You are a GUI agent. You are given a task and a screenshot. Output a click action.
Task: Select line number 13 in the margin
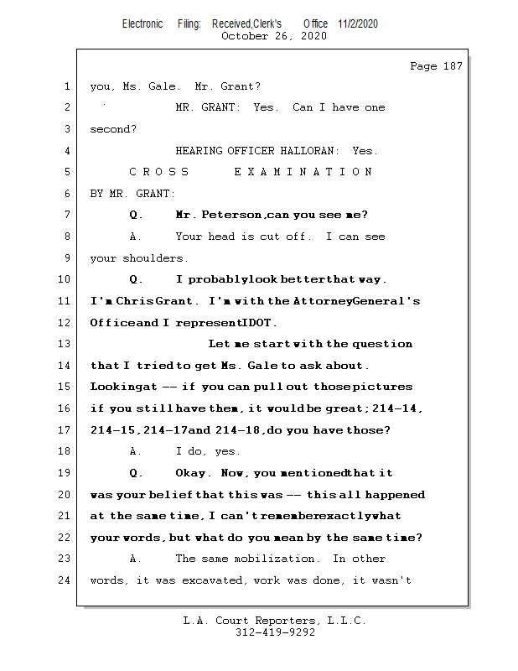(x=66, y=344)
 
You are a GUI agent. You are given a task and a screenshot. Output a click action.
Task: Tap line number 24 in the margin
(x=66, y=580)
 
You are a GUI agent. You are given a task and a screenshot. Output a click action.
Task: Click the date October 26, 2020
(x=273, y=36)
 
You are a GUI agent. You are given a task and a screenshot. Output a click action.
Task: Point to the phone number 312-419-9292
(x=275, y=633)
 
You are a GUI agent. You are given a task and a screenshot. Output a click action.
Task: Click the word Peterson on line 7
(x=232, y=215)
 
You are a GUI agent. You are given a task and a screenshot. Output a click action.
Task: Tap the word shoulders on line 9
(x=156, y=258)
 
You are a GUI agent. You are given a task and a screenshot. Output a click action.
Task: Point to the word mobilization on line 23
(x=282, y=559)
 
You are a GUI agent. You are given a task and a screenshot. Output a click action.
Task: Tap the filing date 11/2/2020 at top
(x=358, y=23)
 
